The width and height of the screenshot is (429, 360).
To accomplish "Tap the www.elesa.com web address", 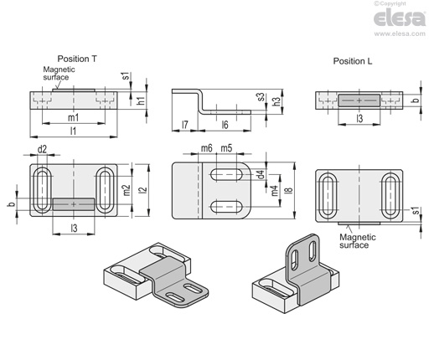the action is (400, 33).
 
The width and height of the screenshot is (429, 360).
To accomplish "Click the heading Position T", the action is (77, 59).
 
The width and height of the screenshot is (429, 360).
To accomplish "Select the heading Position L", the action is (353, 61).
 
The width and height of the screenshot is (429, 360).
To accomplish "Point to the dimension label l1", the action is (73, 131).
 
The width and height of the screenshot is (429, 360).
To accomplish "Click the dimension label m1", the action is (74, 117).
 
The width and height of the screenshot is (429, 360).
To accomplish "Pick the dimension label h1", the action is (142, 100).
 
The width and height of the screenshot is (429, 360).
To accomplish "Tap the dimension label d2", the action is (42, 150).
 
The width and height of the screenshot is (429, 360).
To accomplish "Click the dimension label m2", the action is (127, 190).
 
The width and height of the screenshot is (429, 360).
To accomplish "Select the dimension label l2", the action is (143, 190).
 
